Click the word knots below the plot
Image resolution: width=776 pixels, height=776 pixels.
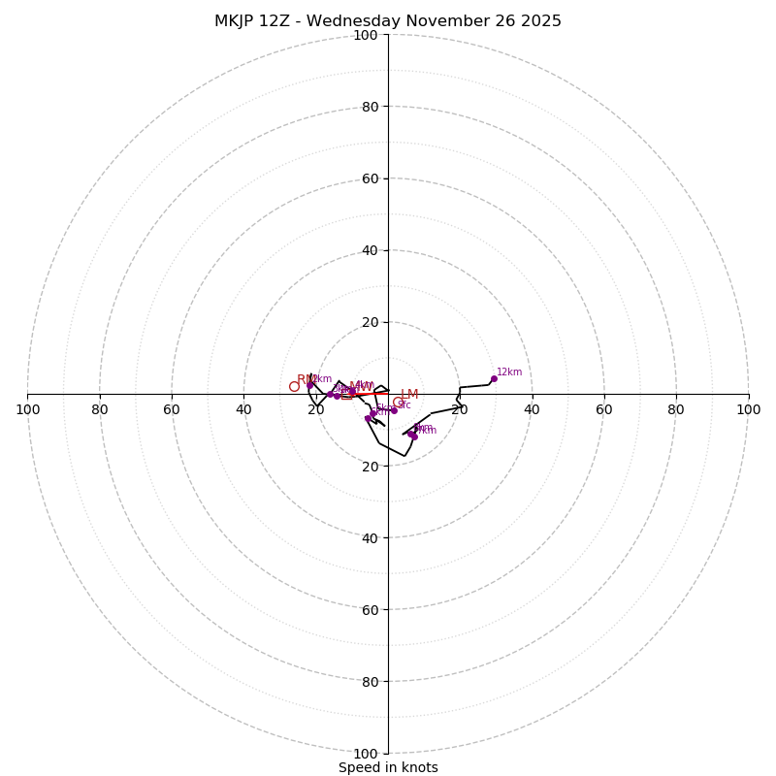(x=418, y=767)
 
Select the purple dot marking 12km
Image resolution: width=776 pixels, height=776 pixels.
(x=494, y=379)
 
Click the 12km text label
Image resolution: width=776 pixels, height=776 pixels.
(x=509, y=372)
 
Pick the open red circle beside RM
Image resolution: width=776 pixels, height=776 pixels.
(x=294, y=386)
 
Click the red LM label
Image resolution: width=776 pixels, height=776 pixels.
(x=409, y=395)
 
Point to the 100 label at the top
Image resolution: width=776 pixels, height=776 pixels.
(x=366, y=35)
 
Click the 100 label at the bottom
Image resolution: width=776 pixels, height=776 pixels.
(x=366, y=754)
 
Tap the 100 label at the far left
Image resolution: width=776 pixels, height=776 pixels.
(x=28, y=409)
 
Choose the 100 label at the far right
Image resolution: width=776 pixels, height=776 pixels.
(x=748, y=409)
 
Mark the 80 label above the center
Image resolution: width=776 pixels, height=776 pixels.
(x=370, y=107)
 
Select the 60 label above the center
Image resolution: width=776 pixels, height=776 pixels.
(x=370, y=178)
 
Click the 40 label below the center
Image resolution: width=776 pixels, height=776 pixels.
(x=370, y=538)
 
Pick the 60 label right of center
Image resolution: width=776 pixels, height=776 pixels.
(x=604, y=409)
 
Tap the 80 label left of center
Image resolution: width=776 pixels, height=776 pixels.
(x=100, y=409)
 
